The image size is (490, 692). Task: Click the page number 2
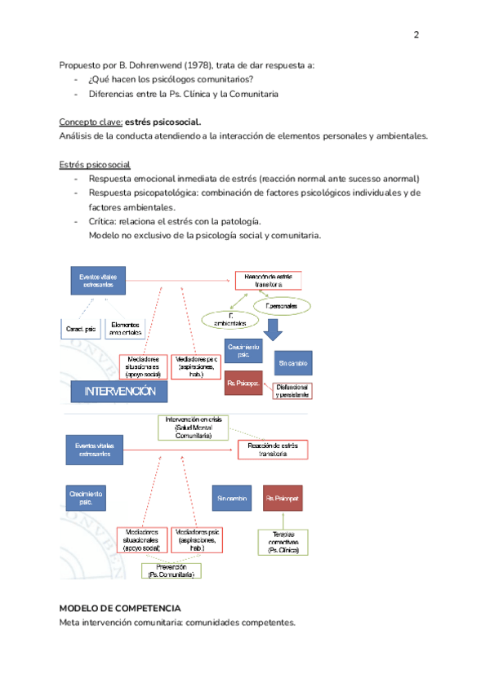pos(416,35)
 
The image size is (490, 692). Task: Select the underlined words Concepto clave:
pos(91,122)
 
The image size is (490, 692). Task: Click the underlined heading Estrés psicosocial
pos(95,164)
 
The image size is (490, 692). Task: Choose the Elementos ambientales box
pos(125,329)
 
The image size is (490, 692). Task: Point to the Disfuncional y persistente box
pos(292,390)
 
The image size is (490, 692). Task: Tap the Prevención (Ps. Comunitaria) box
pos(171,570)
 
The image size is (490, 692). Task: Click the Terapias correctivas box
pos(283,542)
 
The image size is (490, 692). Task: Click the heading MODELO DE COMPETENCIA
pos(120,609)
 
